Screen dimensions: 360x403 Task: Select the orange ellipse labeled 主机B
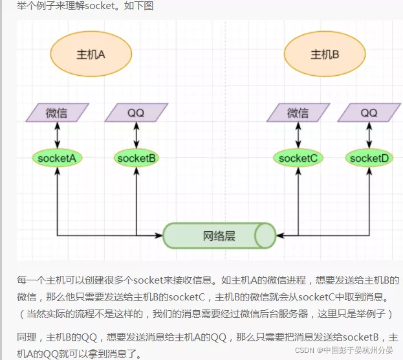point(325,54)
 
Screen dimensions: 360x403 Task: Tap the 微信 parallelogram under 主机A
point(58,113)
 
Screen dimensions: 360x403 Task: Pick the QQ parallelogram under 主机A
point(136,113)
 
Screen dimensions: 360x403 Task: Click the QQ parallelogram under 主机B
point(369,113)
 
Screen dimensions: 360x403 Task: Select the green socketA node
point(58,157)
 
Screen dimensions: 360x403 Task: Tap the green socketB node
point(136,157)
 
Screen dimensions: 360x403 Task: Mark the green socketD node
point(369,157)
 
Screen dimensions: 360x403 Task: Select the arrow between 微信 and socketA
point(58,135)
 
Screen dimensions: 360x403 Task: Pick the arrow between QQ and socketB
point(136,135)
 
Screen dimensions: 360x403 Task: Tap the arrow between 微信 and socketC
point(298,135)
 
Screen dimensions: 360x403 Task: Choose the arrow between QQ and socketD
point(369,135)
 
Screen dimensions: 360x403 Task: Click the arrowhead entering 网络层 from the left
point(159,234)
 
